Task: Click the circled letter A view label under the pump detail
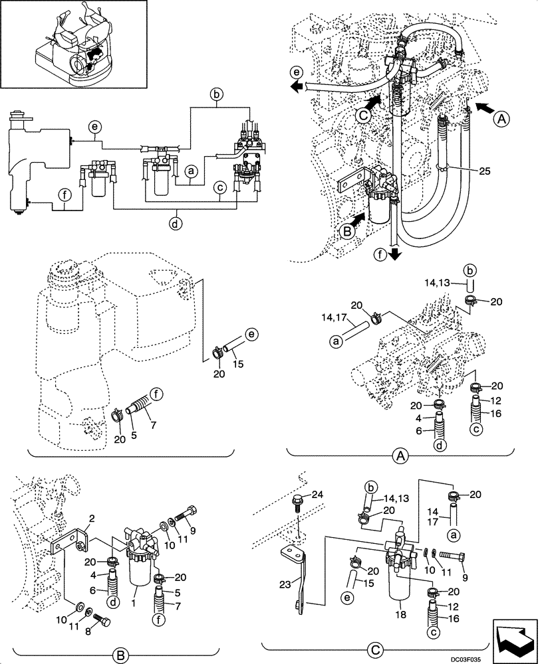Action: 400,456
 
